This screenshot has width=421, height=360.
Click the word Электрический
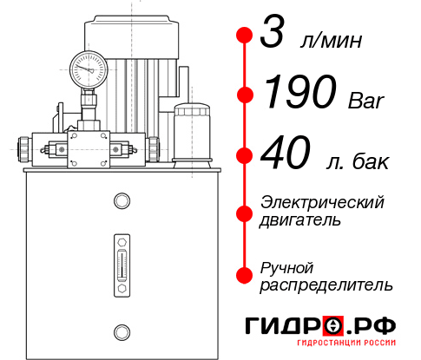point(322,202)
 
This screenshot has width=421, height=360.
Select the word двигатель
point(300,220)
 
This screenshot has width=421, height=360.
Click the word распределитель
point(326,285)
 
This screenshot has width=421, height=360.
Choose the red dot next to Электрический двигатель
point(245,211)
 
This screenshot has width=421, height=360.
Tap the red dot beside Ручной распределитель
point(245,275)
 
